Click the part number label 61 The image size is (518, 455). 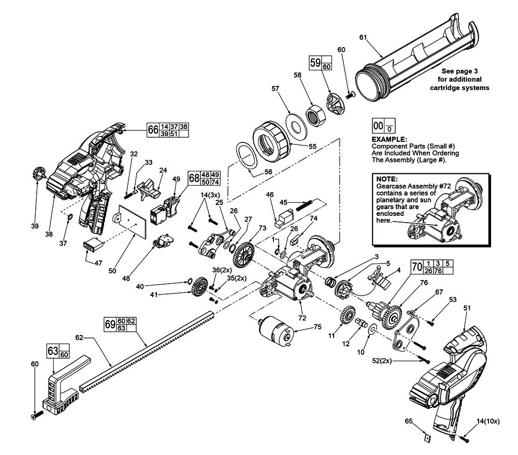coord(363,37)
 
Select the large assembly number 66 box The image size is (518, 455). coord(152,129)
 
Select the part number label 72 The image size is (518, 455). coord(301,317)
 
